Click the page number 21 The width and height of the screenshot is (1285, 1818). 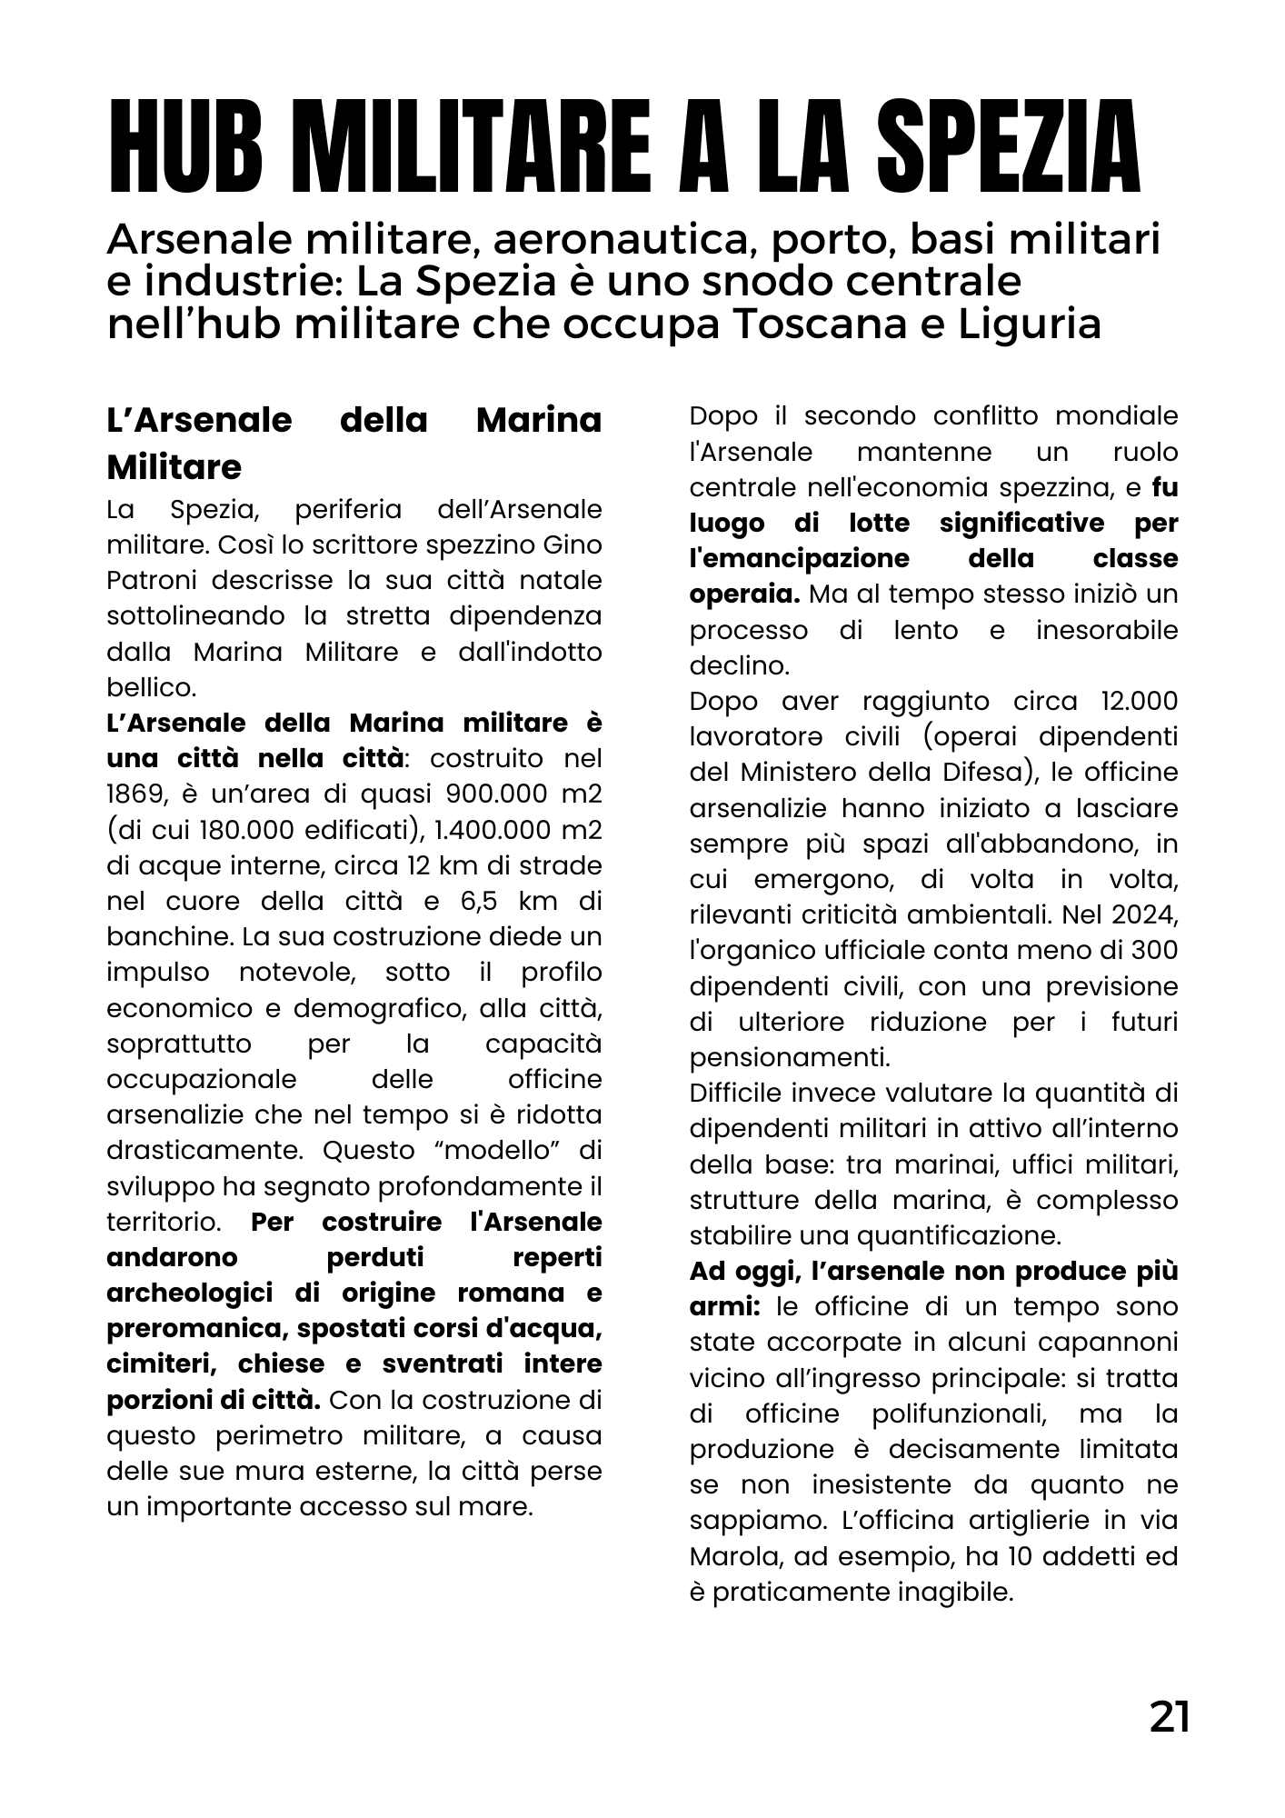(x=1169, y=1717)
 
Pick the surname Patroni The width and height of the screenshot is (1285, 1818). (x=144, y=580)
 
